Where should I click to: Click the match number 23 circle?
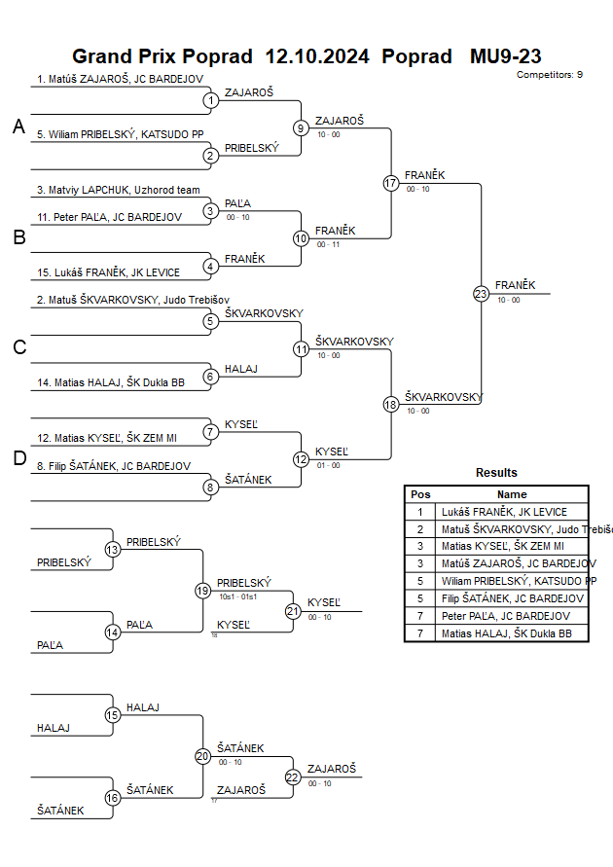tap(481, 294)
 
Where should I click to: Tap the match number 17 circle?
tap(391, 183)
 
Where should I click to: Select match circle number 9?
tap(302, 127)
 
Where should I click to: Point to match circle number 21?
tap(293, 611)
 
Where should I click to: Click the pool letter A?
tap(18, 126)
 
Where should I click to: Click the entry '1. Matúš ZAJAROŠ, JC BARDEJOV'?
tap(119, 79)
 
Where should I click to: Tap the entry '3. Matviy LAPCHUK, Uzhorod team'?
tap(118, 190)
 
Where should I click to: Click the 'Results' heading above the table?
tap(496, 473)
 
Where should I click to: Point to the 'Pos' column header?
tap(420, 494)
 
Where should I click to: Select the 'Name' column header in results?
tap(512, 494)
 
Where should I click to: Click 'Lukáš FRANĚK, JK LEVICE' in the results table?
tap(504, 512)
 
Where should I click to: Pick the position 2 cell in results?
tap(420, 529)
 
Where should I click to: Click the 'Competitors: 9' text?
tap(550, 74)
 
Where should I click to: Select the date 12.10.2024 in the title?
tap(317, 56)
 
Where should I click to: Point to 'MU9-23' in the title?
tap(505, 56)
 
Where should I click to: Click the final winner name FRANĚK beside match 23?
tap(516, 285)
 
